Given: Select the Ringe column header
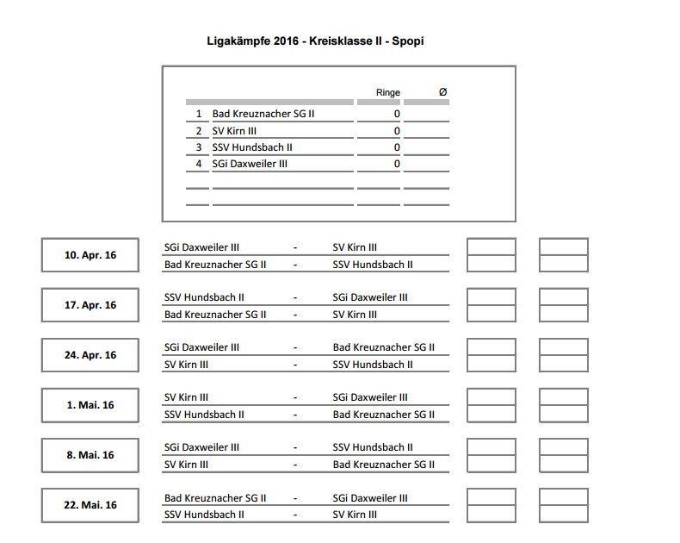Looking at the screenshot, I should (x=388, y=92).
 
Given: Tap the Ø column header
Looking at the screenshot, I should (x=442, y=92).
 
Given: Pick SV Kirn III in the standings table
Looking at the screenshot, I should (x=234, y=131).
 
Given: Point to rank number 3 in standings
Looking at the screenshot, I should (x=199, y=147).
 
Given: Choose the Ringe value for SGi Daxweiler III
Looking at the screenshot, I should (x=397, y=164).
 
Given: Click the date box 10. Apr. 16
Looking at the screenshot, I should (x=90, y=255).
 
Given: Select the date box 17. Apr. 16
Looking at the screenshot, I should (x=90, y=305).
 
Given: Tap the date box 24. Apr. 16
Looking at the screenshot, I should (x=90, y=355).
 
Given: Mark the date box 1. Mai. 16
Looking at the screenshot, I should (x=90, y=405).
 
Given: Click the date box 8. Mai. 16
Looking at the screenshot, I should (x=90, y=455).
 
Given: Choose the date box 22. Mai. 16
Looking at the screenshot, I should (x=90, y=505).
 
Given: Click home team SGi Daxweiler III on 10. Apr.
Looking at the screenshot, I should (x=201, y=247).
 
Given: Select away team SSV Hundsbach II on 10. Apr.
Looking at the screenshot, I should (x=373, y=265).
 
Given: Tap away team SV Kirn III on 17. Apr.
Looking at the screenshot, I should (x=355, y=315).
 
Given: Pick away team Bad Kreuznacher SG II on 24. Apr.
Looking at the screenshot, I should (x=383, y=347).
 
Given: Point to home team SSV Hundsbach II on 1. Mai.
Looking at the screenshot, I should (x=204, y=415).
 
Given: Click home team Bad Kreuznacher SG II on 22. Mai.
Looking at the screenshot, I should (x=214, y=498).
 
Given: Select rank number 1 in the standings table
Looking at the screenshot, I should (x=199, y=114).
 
